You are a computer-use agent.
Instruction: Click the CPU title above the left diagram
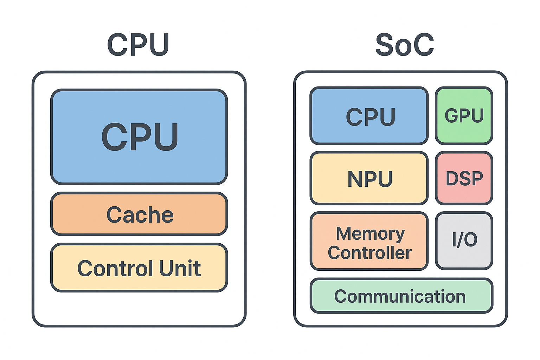click(138, 45)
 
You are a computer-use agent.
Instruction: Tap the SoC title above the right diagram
click(404, 45)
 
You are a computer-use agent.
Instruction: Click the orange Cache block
click(139, 214)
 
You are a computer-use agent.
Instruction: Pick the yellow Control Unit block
click(139, 268)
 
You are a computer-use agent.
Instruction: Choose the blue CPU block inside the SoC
click(369, 116)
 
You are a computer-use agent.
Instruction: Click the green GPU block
click(464, 116)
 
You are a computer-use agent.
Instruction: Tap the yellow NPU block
click(369, 178)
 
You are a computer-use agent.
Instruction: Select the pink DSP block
click(464, 178)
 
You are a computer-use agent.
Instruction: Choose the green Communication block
click(401, 296)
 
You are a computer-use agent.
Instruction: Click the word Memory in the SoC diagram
click(371, 234)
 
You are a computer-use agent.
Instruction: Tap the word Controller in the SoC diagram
click(369, 252)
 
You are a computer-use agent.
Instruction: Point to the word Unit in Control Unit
click(180, 268)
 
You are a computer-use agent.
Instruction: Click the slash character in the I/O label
click(461, 239)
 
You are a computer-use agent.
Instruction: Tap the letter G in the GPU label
click(451, 116)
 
